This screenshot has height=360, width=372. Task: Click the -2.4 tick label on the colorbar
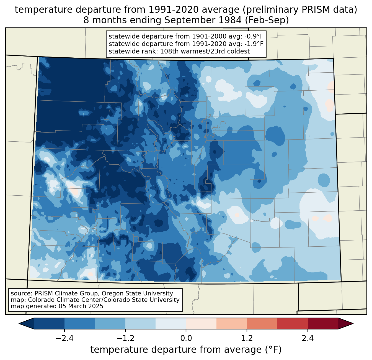[64, 338]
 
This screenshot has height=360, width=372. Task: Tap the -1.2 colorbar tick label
[125, 338]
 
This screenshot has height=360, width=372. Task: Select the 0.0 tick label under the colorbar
[186, 338]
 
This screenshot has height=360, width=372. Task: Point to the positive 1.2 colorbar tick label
[247, 338]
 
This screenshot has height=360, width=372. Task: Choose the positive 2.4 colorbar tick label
[308, 338]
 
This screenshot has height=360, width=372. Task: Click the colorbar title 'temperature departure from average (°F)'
[186, 349]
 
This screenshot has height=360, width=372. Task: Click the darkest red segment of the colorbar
[323, 323]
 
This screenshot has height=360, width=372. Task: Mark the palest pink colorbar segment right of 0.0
[201, 323]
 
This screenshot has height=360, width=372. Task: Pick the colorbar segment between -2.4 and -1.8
[80, 323]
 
